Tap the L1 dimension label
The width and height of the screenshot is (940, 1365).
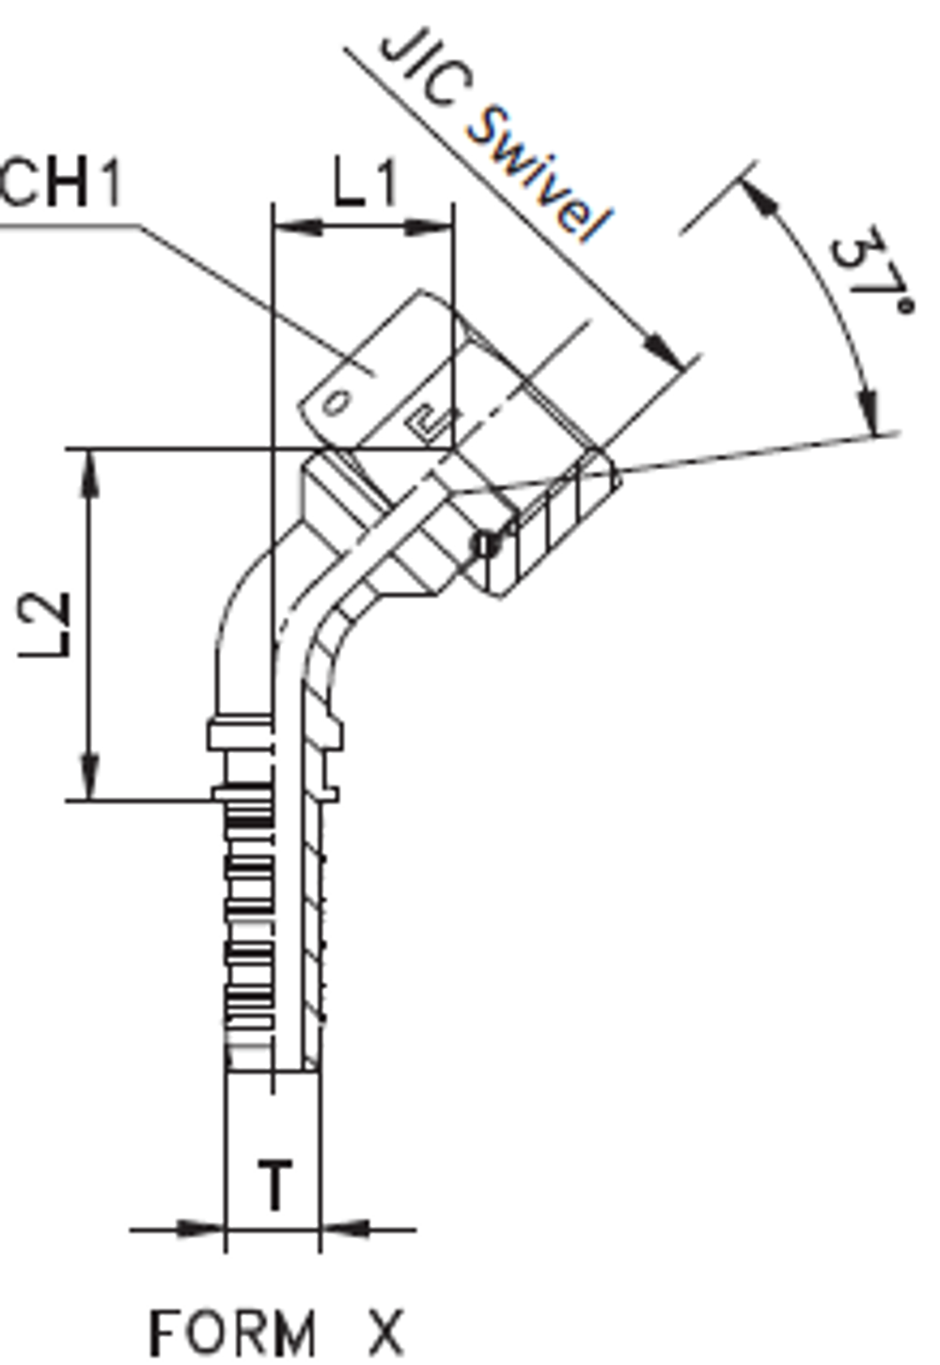(365, 182)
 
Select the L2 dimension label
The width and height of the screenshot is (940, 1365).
(47, 625)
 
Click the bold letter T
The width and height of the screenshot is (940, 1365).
(274, 1185)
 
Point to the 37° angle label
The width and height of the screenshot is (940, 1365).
(869, 272)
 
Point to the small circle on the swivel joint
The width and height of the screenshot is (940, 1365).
(485, 544)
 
